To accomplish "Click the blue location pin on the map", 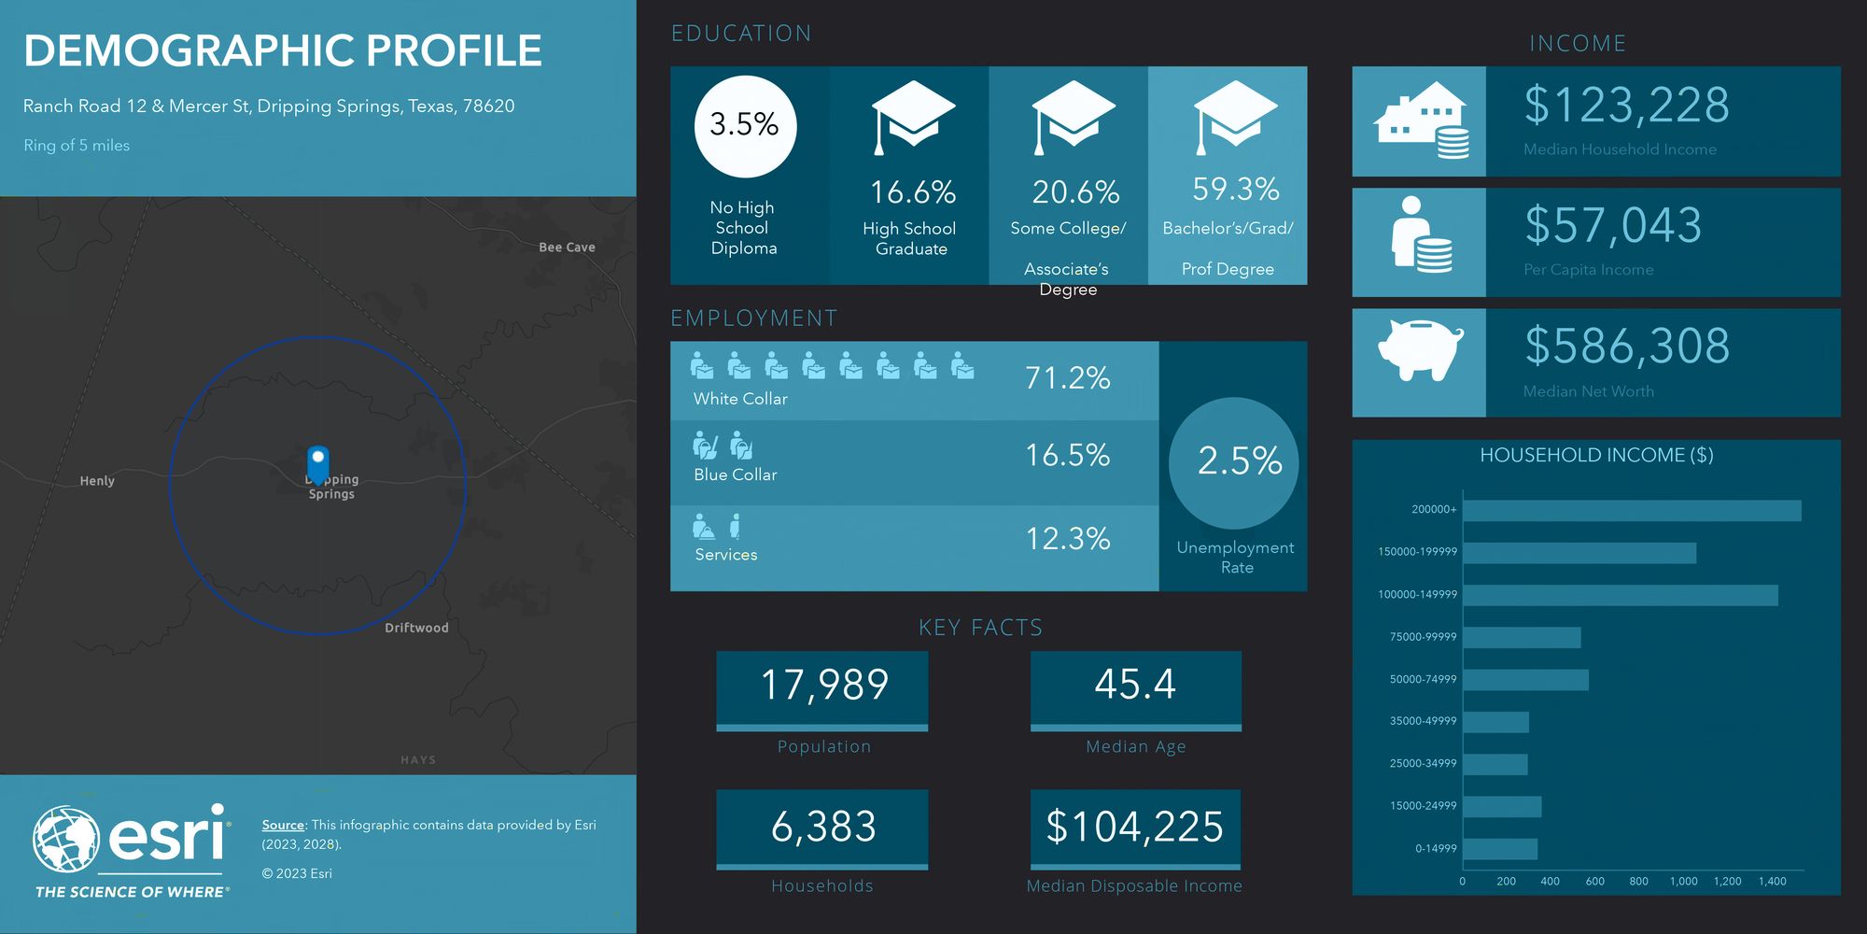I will (318, 463).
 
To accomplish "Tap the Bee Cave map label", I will (567, 248).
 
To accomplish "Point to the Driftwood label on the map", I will (416, 628).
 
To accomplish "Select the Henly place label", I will (97, 481).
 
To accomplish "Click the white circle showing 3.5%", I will (745, 126).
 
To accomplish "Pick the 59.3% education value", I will (1235, 190).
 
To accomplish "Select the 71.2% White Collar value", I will (1067, 378).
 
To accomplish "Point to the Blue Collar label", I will (736, 474).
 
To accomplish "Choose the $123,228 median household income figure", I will (1626, 105).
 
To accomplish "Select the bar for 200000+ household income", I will (1632, 511).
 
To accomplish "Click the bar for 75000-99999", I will (1522, 638).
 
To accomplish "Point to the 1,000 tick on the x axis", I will (1683, 881).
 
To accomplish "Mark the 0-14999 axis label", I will (1435, 849).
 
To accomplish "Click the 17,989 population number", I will (824, 685).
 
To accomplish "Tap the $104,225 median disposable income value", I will (1134, 827).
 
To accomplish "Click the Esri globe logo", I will (66, 839).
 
